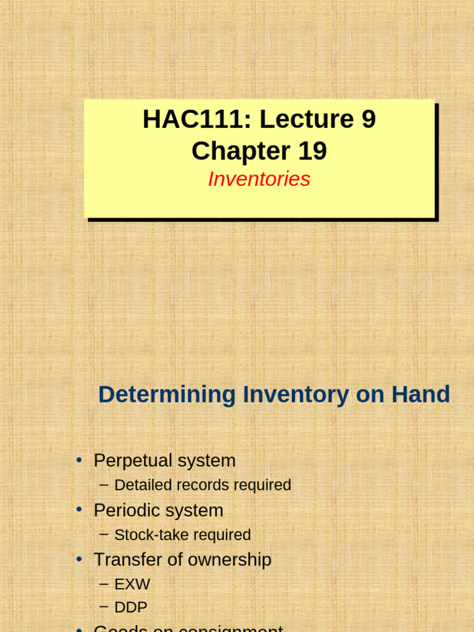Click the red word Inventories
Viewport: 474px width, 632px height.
259,179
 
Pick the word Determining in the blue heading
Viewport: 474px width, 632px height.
167,394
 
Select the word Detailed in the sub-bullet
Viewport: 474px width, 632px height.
143,485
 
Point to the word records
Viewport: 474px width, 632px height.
201,485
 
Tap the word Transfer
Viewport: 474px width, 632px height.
123,560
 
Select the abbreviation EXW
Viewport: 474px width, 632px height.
132,584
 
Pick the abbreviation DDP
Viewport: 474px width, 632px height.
131,608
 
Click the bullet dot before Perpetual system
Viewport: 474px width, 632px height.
79,460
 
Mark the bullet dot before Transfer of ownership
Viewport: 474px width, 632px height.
79,559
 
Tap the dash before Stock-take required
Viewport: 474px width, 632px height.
104,534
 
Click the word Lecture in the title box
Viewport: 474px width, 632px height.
299,119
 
